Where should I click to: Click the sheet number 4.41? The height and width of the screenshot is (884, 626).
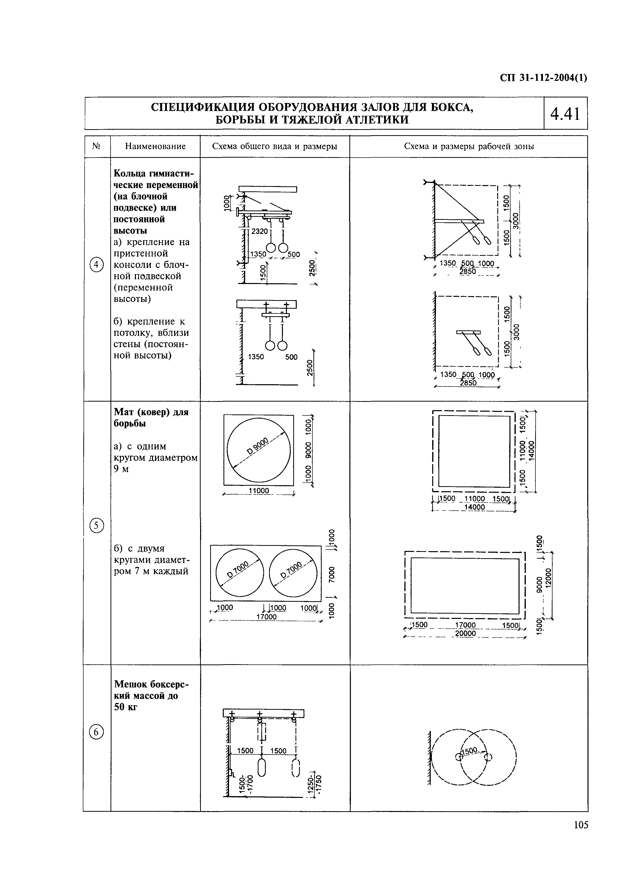click(x=565, y=114)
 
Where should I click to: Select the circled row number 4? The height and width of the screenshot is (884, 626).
click(x=97, y=265)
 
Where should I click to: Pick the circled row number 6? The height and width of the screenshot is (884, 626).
click(x=97, y=732)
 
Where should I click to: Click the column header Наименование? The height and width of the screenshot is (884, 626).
click(x=155, y=147)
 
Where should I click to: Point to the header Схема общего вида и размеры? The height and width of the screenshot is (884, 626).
click(x=274, y=147)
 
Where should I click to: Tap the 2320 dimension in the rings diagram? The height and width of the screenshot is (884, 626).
click(x=259, y=231)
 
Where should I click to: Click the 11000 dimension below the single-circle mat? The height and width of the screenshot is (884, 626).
click(x=259, y=491)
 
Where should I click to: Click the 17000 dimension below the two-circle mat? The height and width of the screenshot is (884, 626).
click(x=266, y=617)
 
